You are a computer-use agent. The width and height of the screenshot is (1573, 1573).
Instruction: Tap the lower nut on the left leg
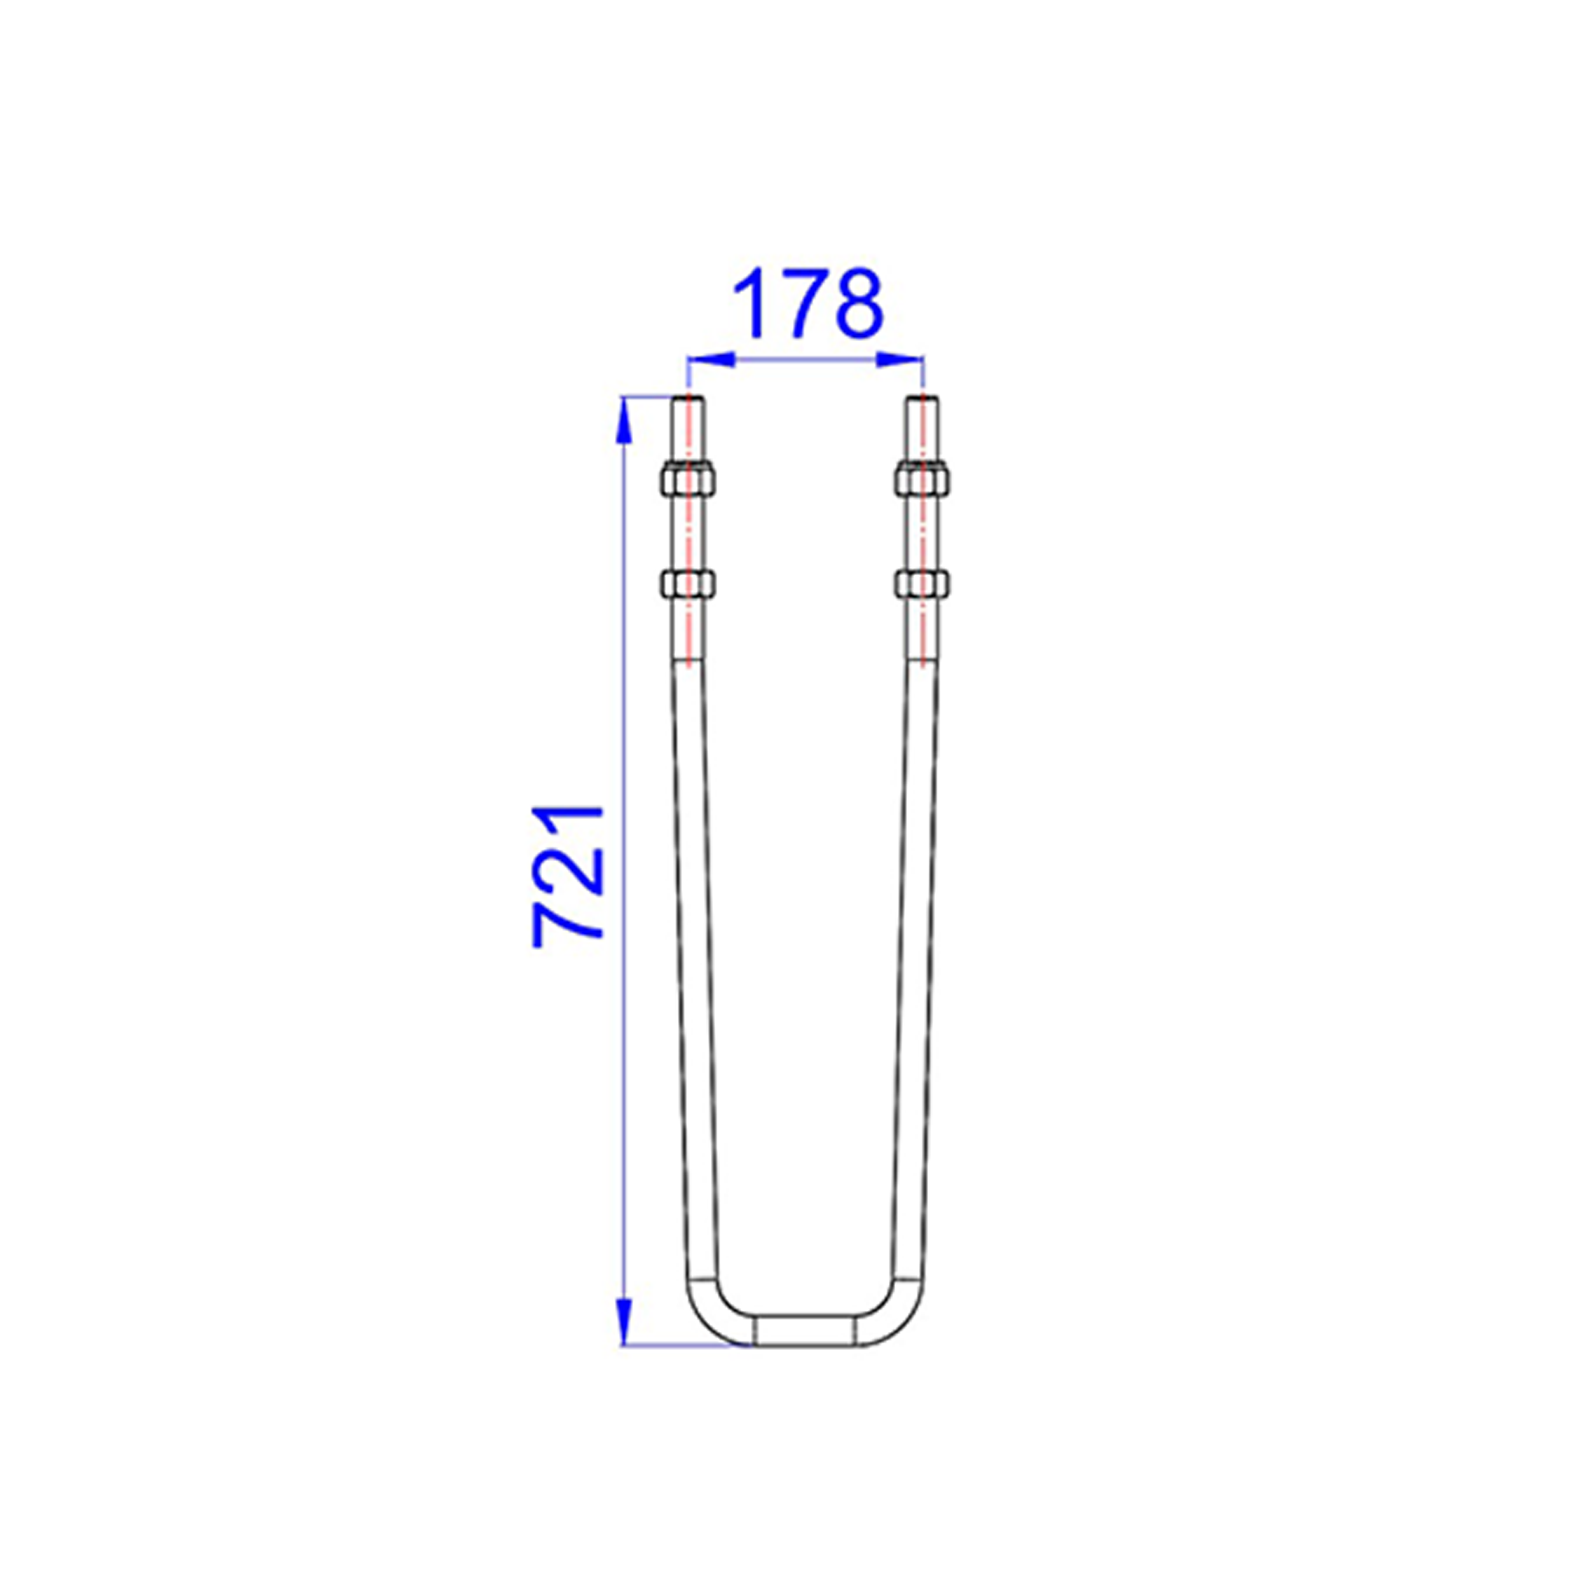(688, 584)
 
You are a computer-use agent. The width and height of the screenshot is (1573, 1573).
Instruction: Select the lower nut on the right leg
(923, 584)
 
